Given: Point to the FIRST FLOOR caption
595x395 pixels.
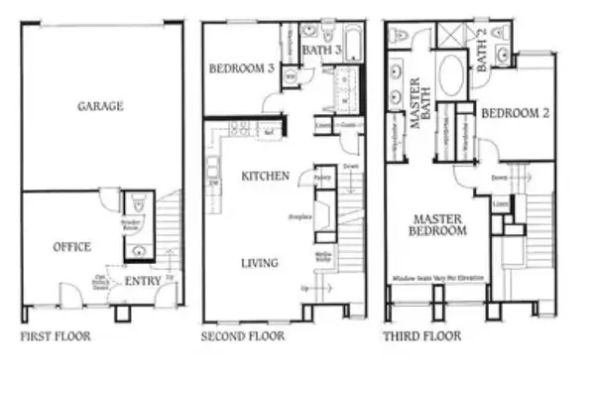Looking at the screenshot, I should click(56, 336).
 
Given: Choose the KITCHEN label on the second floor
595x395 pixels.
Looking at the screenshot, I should click(265, 176).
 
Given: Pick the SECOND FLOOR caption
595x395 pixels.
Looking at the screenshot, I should click(243, 336).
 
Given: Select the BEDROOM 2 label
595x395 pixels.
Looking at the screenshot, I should click(515, 114).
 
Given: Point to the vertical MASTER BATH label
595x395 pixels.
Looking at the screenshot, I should click(417, 99).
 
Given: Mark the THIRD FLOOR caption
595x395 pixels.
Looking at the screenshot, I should click(422, 336).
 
